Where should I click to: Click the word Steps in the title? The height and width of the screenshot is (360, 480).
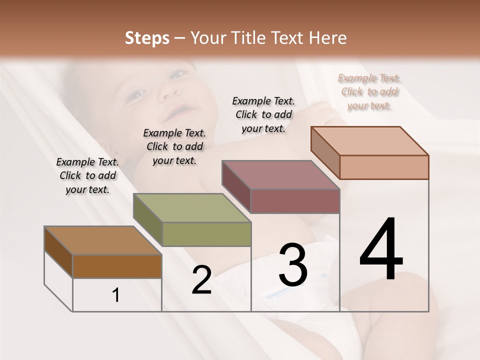(147, 38)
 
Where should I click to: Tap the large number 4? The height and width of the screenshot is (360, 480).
(381, 250)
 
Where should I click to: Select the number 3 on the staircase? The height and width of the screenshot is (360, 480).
(292, 265)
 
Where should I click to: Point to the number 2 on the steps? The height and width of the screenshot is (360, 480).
(201, 280)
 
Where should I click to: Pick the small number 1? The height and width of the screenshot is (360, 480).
(116, 295)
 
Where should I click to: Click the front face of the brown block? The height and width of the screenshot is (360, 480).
(117, 266)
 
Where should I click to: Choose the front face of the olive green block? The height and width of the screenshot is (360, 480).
(206, 234)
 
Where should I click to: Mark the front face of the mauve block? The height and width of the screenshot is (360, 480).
(295, 201)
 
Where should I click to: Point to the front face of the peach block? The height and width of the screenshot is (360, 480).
(384, 167)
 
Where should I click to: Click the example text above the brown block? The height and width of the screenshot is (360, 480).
(87, 176)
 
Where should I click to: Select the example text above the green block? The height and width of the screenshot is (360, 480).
(174, 146)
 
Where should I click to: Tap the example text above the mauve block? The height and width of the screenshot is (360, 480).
(263, 114)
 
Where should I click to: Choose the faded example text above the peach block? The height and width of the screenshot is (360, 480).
(369, 91)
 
